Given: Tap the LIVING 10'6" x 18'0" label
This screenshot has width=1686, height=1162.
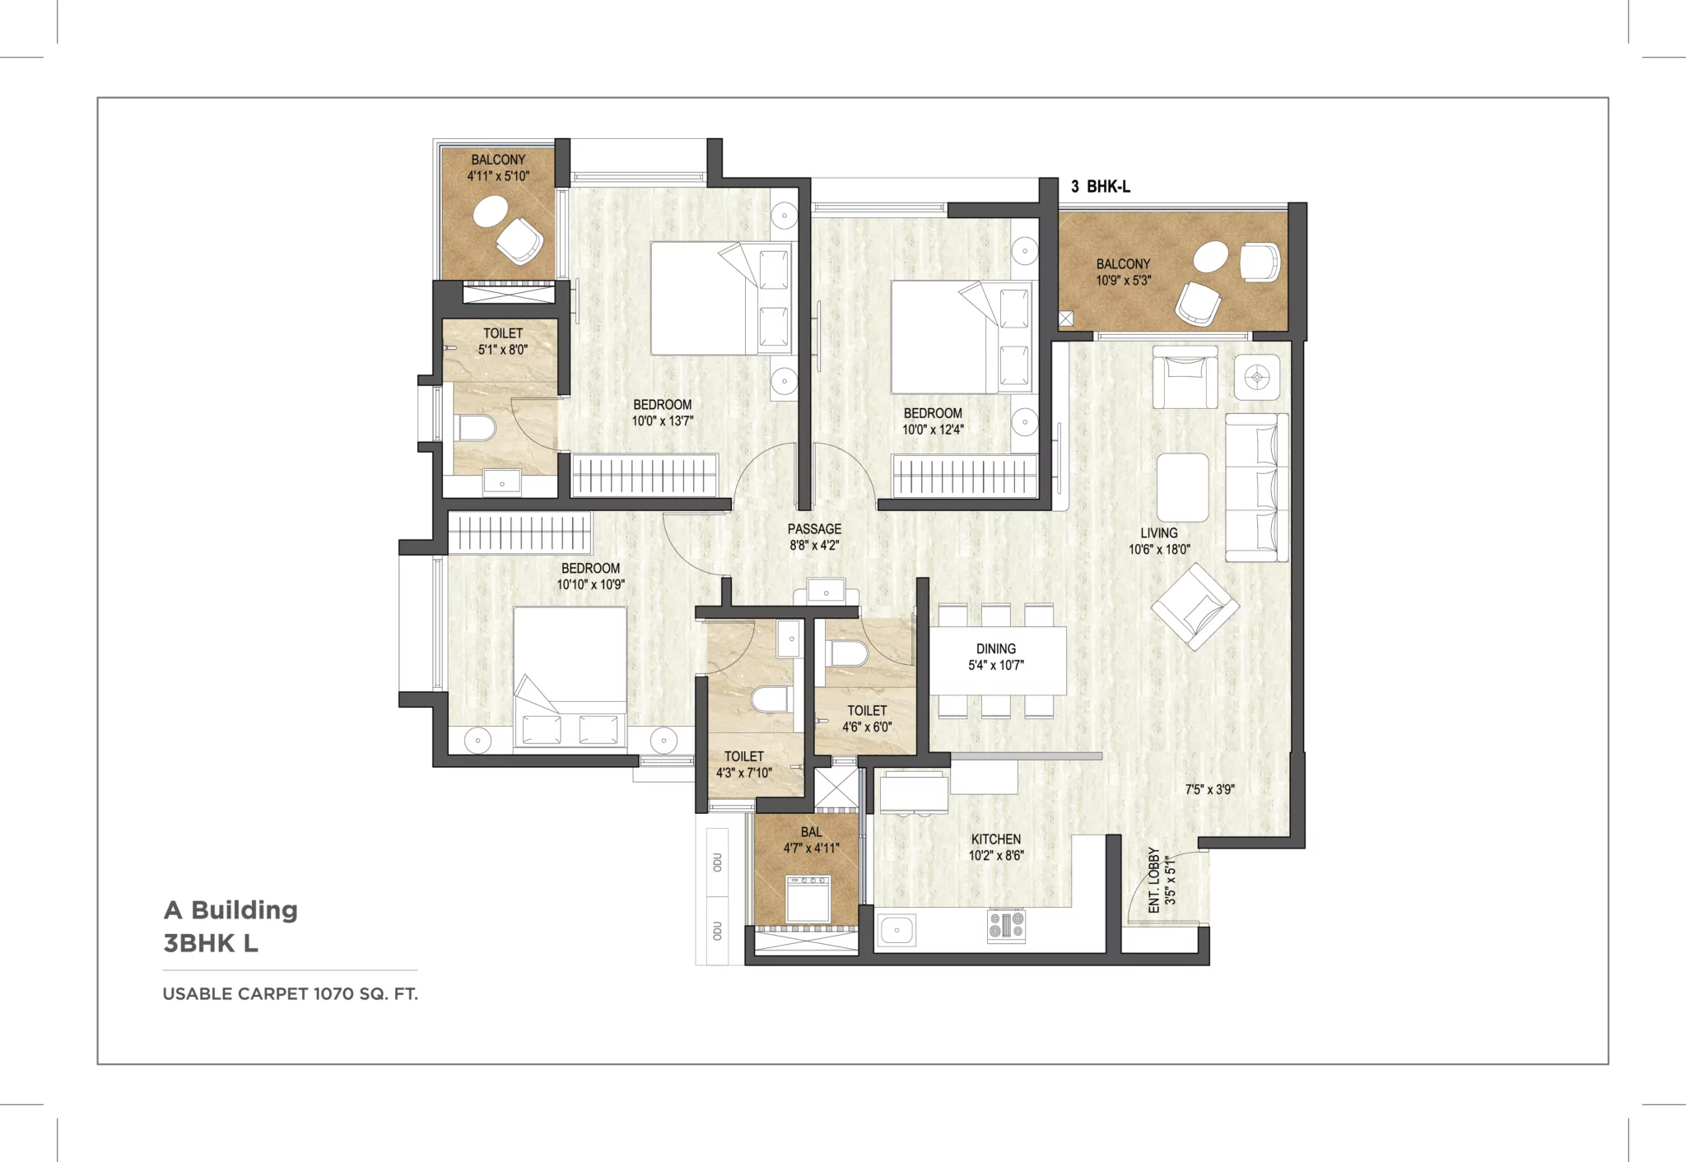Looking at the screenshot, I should coord(1158,541).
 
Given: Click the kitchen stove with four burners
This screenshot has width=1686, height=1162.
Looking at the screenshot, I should coord(1006,926).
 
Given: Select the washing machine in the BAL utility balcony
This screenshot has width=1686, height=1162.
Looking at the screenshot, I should coord(808,899).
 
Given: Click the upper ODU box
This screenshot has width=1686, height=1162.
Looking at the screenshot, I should coord(717,862).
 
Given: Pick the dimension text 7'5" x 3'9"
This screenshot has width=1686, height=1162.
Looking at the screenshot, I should coord(1209,789).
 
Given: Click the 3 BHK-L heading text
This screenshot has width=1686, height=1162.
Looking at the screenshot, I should coord(1100,187).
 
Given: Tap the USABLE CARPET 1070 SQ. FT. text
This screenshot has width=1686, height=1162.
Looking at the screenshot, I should coord(290,994).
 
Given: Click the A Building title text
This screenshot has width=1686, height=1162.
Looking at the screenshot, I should coord(231,910).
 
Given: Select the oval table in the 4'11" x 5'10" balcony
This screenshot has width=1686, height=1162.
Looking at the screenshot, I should coord(491,212).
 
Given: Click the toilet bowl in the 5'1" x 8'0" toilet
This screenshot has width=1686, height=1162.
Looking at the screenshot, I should coord(475,428).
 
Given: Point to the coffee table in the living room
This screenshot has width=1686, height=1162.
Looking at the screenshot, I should coord(1182,487).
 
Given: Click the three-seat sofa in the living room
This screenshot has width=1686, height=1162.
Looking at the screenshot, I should coord(1255,487).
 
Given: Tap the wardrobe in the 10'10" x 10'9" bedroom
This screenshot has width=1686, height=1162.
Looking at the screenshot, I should coord(519,532).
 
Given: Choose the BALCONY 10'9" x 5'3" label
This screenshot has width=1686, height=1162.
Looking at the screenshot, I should coord(1123,272).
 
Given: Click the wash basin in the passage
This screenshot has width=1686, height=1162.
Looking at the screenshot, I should coord(826,591).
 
